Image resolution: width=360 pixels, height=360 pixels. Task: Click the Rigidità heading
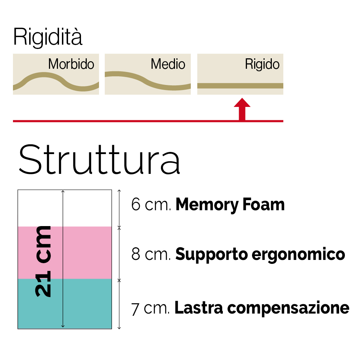coord(48,37)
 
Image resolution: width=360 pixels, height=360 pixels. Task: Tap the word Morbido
coord(71,64)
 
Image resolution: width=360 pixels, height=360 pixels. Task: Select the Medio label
coord(168,64)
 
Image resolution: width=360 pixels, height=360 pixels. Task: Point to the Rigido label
coord(262,64)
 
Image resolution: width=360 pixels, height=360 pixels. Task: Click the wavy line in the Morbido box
coord(43,75)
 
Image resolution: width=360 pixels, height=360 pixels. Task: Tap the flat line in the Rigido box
coord(240,86)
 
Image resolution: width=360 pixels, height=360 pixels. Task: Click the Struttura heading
coord(99,159)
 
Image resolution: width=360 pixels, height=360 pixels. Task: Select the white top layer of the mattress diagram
coord(86,208)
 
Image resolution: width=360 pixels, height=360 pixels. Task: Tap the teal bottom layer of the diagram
coord(86,304)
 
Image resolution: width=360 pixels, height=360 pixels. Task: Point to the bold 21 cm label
coord(44,261)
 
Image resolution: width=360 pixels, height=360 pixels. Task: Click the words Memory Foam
coord(230,205)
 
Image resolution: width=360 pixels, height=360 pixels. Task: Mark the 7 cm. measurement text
coord(151,309)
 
